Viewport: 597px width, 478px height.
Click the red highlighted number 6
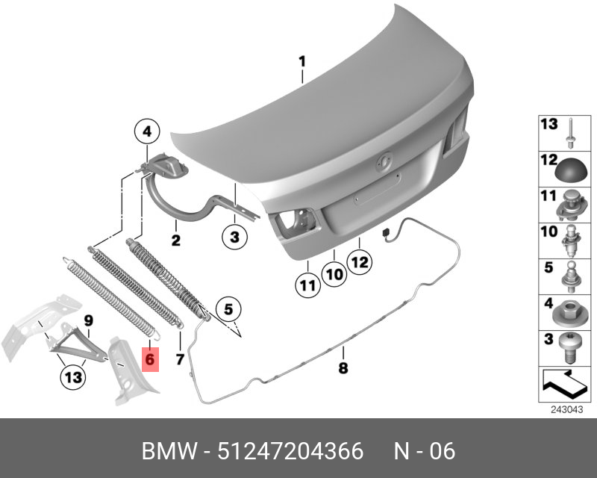click(150, 359)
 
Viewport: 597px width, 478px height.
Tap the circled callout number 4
click(147, 132)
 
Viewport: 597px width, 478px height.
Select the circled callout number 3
click(234, 237)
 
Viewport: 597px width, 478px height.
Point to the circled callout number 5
click(228, 309)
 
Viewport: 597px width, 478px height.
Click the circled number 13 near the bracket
click(73, 377)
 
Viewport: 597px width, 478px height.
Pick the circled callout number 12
click(360, 262)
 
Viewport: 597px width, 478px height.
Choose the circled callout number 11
click(308, 285)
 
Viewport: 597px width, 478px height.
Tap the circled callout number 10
click(334, 274)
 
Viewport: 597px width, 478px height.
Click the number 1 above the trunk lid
click(302, 62)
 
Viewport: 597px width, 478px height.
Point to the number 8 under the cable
click(343, 368)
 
